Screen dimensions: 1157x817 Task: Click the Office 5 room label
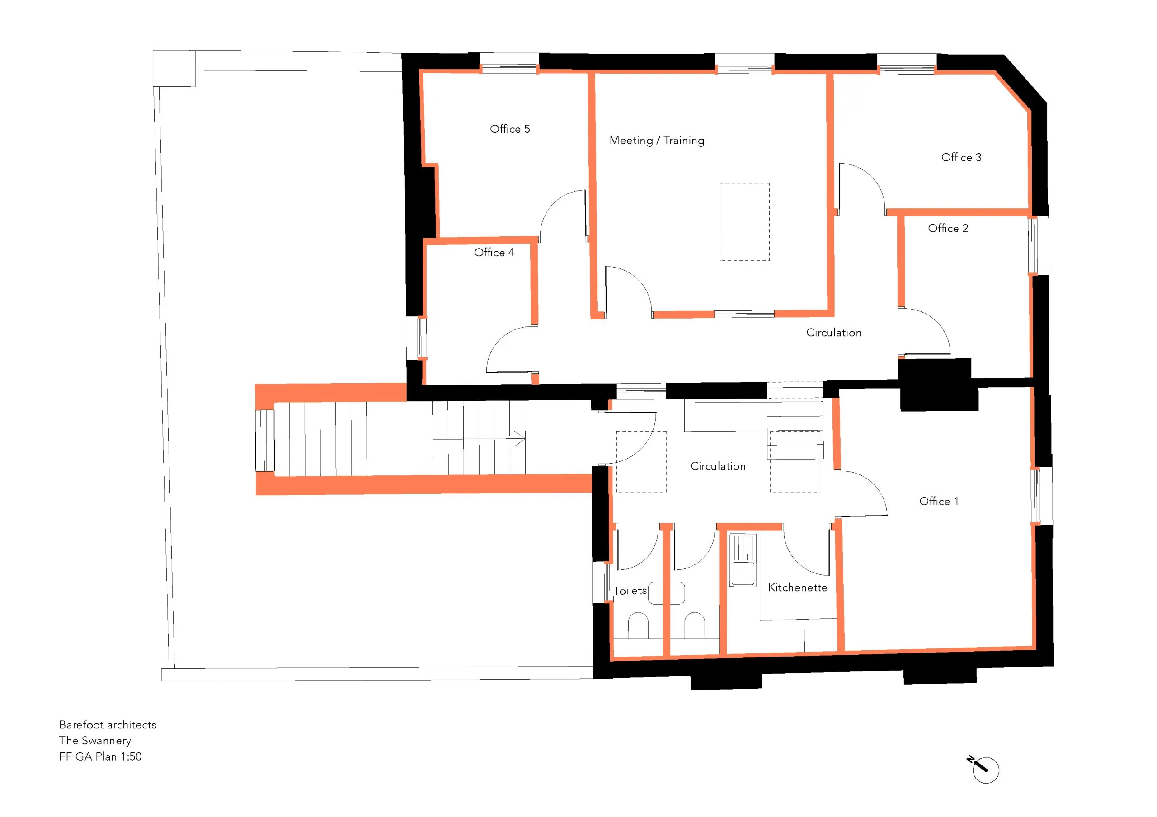pos(509,129)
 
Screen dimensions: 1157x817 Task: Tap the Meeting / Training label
pos(657,140)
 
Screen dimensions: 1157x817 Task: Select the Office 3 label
pos(961,157)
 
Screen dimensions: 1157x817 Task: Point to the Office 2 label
pos(948,228)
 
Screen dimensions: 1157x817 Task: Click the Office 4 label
pos(494,252)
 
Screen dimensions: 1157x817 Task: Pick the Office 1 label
pos(939,501)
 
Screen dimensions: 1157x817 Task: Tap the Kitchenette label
pos(797,587)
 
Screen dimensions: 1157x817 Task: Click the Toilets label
pos(630,590)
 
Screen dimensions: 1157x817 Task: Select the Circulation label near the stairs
pos(718,466)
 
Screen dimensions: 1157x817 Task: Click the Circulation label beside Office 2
pos(833,333)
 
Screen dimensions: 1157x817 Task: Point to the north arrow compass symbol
pos(984,769)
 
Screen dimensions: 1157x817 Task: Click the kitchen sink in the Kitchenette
pos(743,559)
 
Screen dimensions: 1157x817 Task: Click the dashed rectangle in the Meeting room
pos(744,221)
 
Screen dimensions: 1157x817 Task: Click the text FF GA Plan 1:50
pos(100,756)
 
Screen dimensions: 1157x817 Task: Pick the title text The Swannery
pos(95,741)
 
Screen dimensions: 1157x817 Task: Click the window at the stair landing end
pos(264,441)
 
